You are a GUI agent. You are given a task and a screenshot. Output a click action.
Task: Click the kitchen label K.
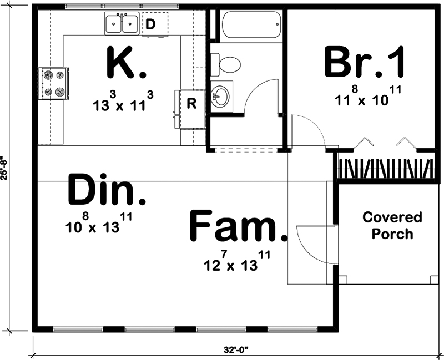(126, 64)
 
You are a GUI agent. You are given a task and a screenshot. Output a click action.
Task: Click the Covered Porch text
(392, 225)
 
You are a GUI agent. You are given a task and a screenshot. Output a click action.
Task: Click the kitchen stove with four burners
(54, 83)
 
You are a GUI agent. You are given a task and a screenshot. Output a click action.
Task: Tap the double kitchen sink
(122, 24)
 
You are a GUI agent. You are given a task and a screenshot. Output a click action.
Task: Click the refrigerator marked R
(190, 104)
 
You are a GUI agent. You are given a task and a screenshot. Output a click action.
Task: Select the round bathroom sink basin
(221, 97)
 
